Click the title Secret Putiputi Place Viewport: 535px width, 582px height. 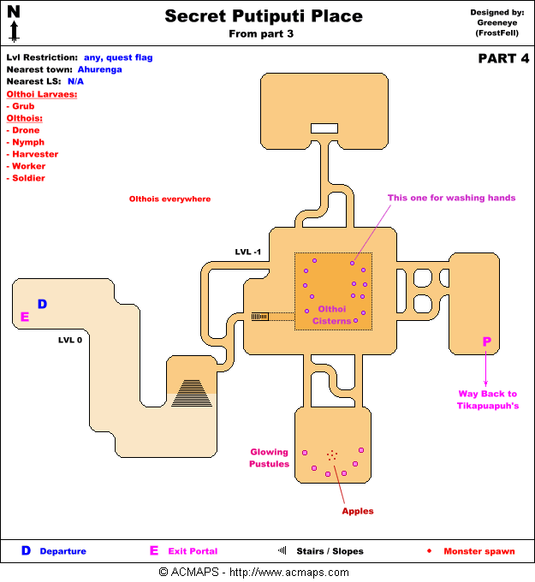pos(264,16)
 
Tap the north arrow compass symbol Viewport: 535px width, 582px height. pos(14,23)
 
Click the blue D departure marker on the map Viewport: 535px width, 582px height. pos(42,304)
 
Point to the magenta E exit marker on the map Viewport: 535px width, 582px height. pos(25,317)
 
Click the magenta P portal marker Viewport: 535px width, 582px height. pos(486,341)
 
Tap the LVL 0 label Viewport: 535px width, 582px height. pos(70,340)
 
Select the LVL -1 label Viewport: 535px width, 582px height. pos(249,252)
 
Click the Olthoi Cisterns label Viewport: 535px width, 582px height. pos(332,315)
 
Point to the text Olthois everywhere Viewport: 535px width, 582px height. pos(169,199)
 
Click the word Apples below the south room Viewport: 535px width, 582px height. pos(358,511)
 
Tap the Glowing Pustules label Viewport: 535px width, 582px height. pos(270,458)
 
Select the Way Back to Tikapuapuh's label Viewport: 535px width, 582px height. pos(488,400)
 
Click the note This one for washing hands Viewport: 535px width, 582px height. pos(451,198)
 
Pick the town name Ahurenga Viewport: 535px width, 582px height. pos(101,68)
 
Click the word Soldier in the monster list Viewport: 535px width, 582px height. pos(28,178)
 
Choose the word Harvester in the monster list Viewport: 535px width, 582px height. pos(35,154)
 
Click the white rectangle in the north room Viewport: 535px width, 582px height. pos(324,128)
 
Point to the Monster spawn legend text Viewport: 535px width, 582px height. pos(479,551)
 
